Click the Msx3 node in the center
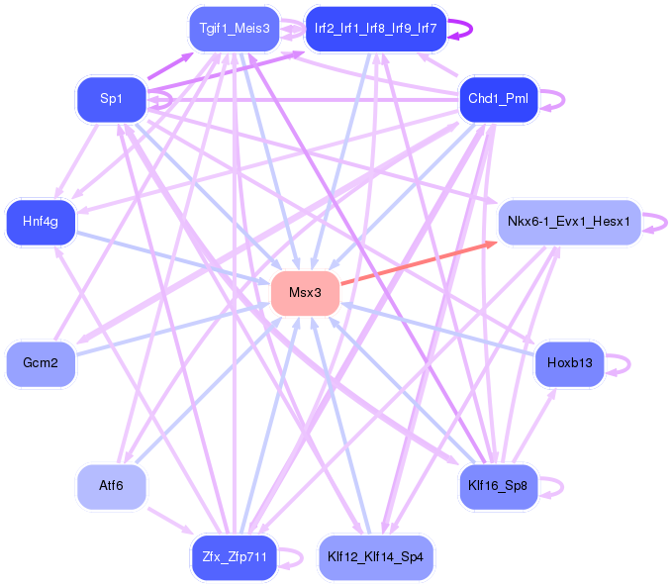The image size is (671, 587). tap(306, 293)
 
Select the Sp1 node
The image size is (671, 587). tap(111, 98)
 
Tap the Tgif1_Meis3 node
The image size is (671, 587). tap(234, 29)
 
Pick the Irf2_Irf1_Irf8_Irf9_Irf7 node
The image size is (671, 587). tap(375, 29)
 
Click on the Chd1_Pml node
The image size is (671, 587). tap(499, 99)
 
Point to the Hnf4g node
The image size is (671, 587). tap(41, 222)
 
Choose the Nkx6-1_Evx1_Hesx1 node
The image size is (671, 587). tap(569, 222)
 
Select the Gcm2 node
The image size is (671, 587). tap(41, 363)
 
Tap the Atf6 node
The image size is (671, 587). tap(111, 486)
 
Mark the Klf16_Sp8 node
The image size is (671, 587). tap(499, 486)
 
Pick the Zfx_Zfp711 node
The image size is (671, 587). tap(234, 556)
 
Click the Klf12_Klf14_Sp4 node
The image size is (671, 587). tap(375, 556)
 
